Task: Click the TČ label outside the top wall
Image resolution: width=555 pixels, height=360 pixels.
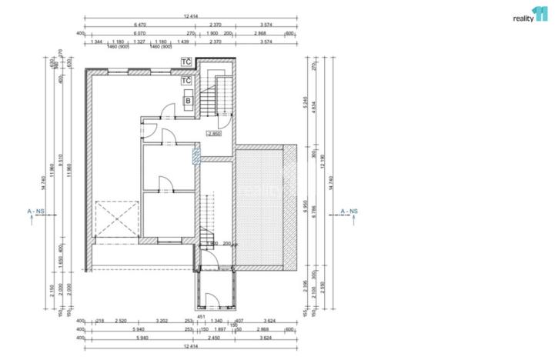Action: click(186, 61)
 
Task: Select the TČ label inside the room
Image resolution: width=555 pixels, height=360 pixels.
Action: click(186, 80)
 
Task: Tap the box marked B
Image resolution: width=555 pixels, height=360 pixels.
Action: click(188, 100)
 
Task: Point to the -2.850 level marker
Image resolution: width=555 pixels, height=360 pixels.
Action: click(213, 134)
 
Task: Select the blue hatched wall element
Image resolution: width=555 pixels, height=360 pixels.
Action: click(196, 157)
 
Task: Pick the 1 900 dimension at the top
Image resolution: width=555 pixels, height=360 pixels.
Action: click(212, 34)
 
